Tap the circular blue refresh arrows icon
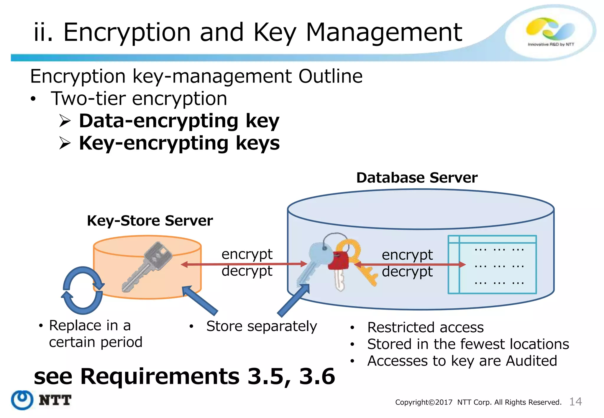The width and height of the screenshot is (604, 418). click(x=83, y=290)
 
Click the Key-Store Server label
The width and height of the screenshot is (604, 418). click(x=150, y=221)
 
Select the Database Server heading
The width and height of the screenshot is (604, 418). click(x=417, y=178)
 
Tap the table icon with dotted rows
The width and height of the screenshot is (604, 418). click(x=492, y=264)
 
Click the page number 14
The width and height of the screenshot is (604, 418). click(x=575, y=401)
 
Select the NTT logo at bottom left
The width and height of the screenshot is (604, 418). click(x=41, y=400)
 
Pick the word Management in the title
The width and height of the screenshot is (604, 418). click(x=384, y=32)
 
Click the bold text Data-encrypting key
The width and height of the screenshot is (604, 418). click(x=179, y=121)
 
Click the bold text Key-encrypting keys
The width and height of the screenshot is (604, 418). click(x=179, y=143)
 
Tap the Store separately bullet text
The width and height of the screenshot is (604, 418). click(x=261, y=326)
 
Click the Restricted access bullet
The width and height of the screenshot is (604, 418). click(x=425, y=328)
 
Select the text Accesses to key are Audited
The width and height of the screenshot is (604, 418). click(x=462, y=361)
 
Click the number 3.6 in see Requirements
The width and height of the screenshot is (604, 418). click(x=317, y=376)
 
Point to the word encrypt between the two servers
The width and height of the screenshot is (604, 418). click(x=247, y=254)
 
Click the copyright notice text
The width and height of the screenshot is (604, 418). click(x=478, y=402)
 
